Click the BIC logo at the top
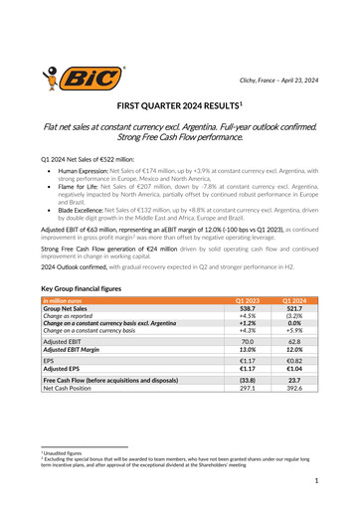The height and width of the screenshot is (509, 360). (x=85, y=77)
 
